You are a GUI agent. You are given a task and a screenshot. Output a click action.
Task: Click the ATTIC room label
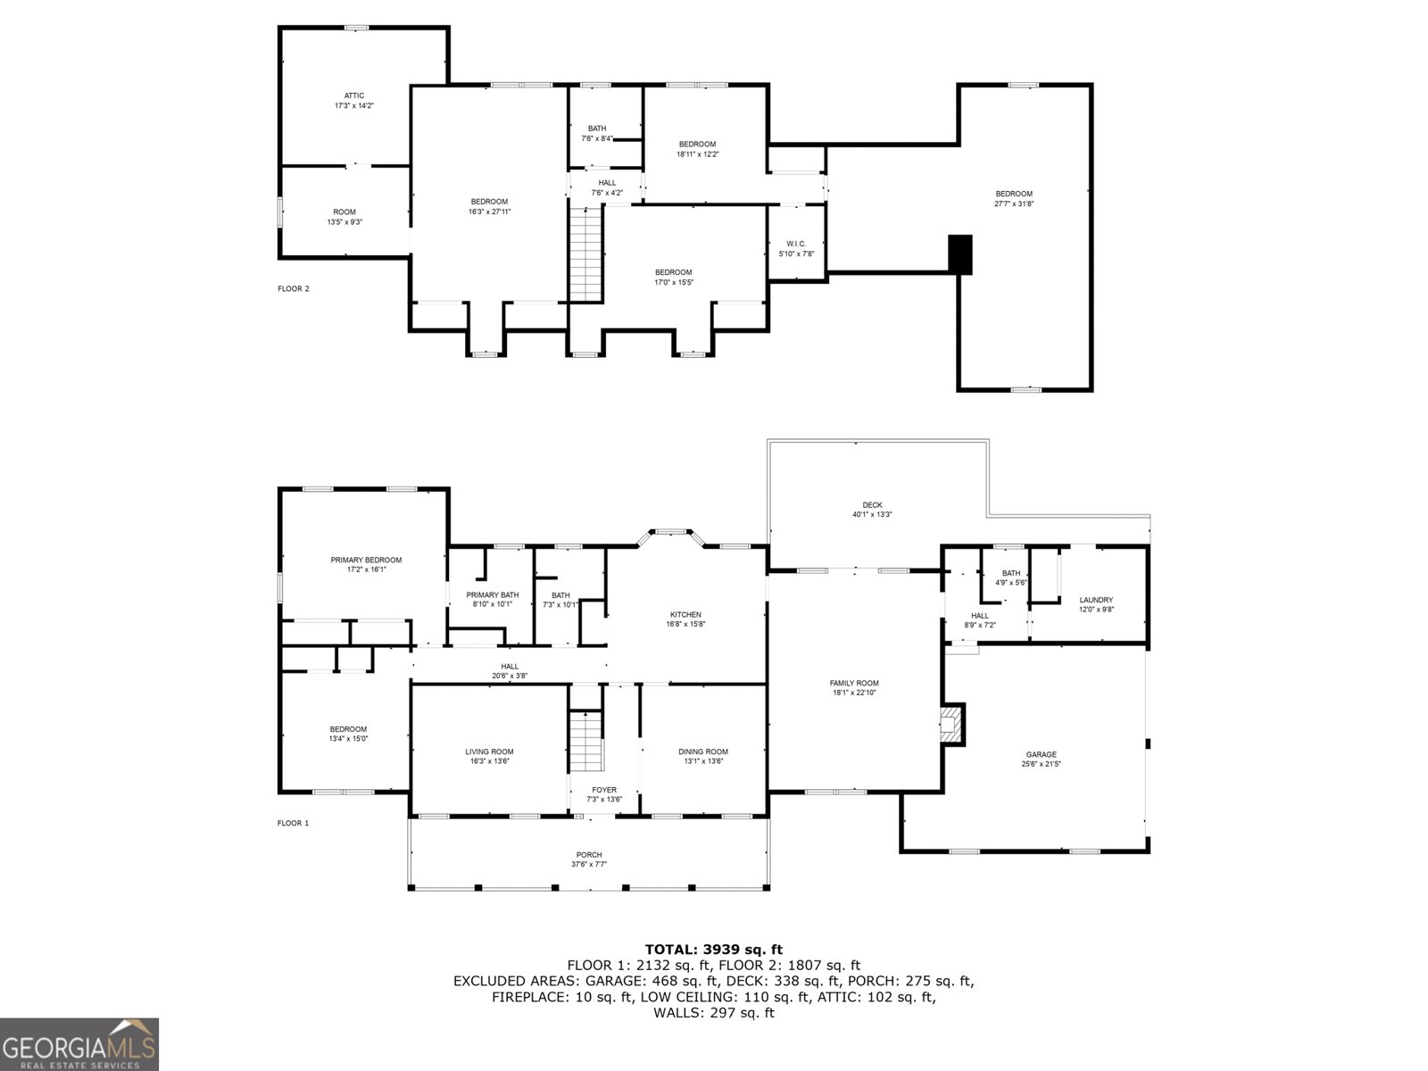354,95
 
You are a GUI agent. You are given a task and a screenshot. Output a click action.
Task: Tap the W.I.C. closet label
796,244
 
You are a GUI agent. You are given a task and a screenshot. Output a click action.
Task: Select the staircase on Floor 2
586,253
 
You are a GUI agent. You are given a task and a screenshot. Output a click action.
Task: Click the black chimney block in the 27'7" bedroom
959,254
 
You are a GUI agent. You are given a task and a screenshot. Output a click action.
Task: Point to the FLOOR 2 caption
293,288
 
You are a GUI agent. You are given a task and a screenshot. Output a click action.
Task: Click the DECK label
872,505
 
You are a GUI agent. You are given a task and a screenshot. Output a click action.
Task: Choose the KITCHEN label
685,614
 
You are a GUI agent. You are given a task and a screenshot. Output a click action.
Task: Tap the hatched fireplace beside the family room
952,724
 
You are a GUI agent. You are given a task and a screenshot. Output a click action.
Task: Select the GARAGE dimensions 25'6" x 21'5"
1041,764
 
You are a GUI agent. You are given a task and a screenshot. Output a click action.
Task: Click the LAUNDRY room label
1096,600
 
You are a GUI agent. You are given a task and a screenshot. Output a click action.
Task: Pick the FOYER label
604,790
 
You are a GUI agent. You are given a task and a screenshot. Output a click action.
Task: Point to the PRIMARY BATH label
492,595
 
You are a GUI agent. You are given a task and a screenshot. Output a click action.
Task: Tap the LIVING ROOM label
489,751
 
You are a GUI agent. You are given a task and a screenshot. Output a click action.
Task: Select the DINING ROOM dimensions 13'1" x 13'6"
704,761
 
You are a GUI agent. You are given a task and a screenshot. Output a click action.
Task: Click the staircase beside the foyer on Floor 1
586,742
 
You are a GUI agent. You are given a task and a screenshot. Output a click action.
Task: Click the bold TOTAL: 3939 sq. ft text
713,950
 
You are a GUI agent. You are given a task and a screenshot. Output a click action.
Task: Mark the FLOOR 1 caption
293,823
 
